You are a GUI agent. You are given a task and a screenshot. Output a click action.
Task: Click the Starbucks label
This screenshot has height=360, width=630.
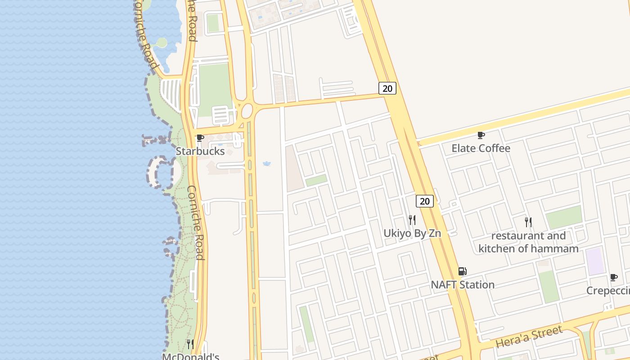click(x=200, y=151)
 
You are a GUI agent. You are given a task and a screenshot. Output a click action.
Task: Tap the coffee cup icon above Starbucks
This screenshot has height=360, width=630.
click(x=200, y=138)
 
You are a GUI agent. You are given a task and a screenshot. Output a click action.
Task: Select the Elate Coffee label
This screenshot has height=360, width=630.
click(x=481, y=148)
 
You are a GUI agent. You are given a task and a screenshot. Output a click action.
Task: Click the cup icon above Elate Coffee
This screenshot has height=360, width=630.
click(x=481, y=135)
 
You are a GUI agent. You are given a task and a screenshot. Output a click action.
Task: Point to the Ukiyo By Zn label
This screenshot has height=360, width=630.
click(x=412, y=233)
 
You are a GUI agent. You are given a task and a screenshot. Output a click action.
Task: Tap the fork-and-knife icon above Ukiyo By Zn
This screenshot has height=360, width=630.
click(x=412, y=220)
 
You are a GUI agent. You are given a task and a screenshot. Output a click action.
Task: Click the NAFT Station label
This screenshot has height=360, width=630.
click(x=462, y=284)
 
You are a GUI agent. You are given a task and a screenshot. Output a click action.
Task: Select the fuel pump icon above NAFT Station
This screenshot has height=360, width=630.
click(x=462, y=271)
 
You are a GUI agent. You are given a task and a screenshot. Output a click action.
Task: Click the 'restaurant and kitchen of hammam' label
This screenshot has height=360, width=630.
click(x=528, y=242)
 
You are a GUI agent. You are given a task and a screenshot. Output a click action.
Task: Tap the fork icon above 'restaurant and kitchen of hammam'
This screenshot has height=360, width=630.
click(x=528, y=222)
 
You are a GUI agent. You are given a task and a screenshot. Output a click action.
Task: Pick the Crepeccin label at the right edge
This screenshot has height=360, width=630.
click(x=608, y=291)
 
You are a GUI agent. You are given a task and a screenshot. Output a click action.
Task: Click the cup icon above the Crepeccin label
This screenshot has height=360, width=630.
click(x=613, y=278)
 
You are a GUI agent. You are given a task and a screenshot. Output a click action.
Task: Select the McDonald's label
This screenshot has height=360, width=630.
click(x=190, y=356)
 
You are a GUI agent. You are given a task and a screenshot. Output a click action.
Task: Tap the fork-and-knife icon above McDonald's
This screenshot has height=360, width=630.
click(x=190, y=344)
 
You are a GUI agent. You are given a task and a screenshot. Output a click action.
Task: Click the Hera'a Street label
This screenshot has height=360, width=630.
click(x=529, y=337)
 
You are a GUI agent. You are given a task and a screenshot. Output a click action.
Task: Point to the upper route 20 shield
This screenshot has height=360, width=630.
click(x=387, y=88)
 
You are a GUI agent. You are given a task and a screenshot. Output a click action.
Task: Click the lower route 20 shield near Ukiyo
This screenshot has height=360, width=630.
click(x=424, y=201)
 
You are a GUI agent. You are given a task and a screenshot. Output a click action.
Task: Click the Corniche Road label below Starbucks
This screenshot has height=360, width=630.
click(x=196, y=222)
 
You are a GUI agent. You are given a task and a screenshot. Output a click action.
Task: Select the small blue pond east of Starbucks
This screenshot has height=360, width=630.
click(x=267, y=163)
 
